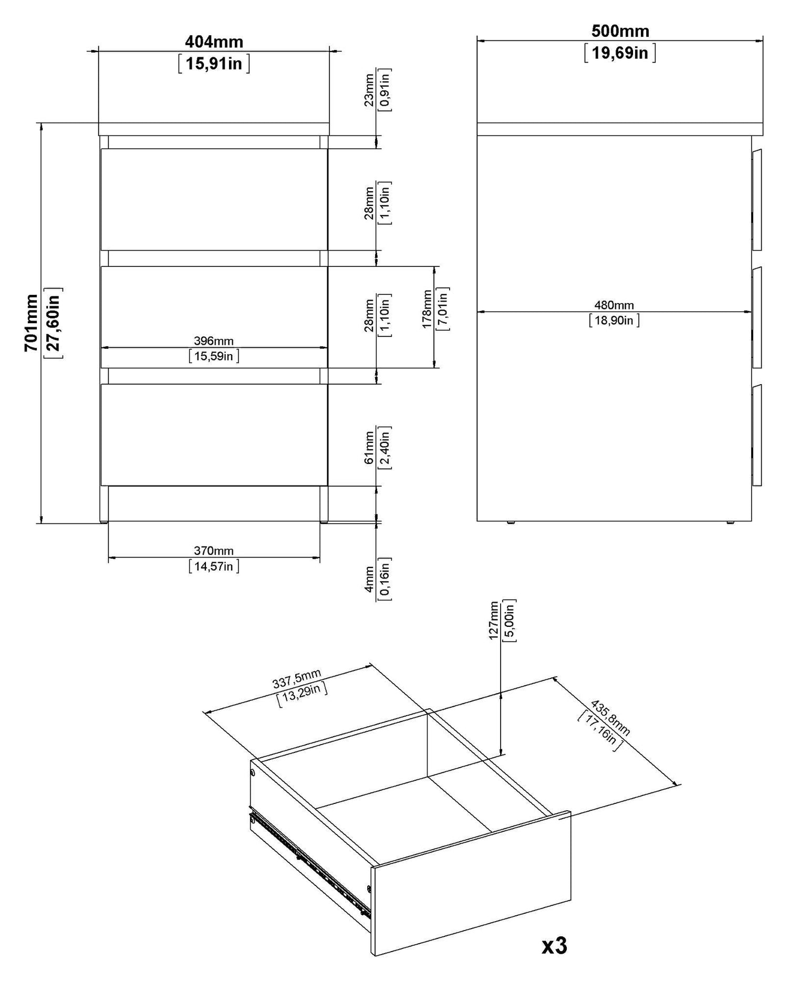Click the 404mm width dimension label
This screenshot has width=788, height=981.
click(x=214, y=41)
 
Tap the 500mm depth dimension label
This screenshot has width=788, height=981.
click(x=620, y=31)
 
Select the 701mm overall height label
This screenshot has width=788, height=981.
click(x=32, y=323)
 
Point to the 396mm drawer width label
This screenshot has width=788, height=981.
click(x=214, y=341)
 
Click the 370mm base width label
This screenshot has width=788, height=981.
click(x=214, y=551)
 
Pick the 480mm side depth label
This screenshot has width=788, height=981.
click(x=614, y=305)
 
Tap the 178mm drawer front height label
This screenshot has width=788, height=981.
click(x=427, y=309)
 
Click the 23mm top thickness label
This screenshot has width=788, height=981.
click(x=369, y=90)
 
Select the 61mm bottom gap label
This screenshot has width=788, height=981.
click(x=369, y=447)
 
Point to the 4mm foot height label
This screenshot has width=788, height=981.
click(x=369, y=580)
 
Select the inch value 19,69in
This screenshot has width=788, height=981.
click(x=620, y=53)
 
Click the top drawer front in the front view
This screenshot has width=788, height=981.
click(x=214, y=199)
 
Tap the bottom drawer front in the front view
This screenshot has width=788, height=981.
click(x=214, y=435)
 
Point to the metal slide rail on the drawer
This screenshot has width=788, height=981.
click(x=310, y=859)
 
